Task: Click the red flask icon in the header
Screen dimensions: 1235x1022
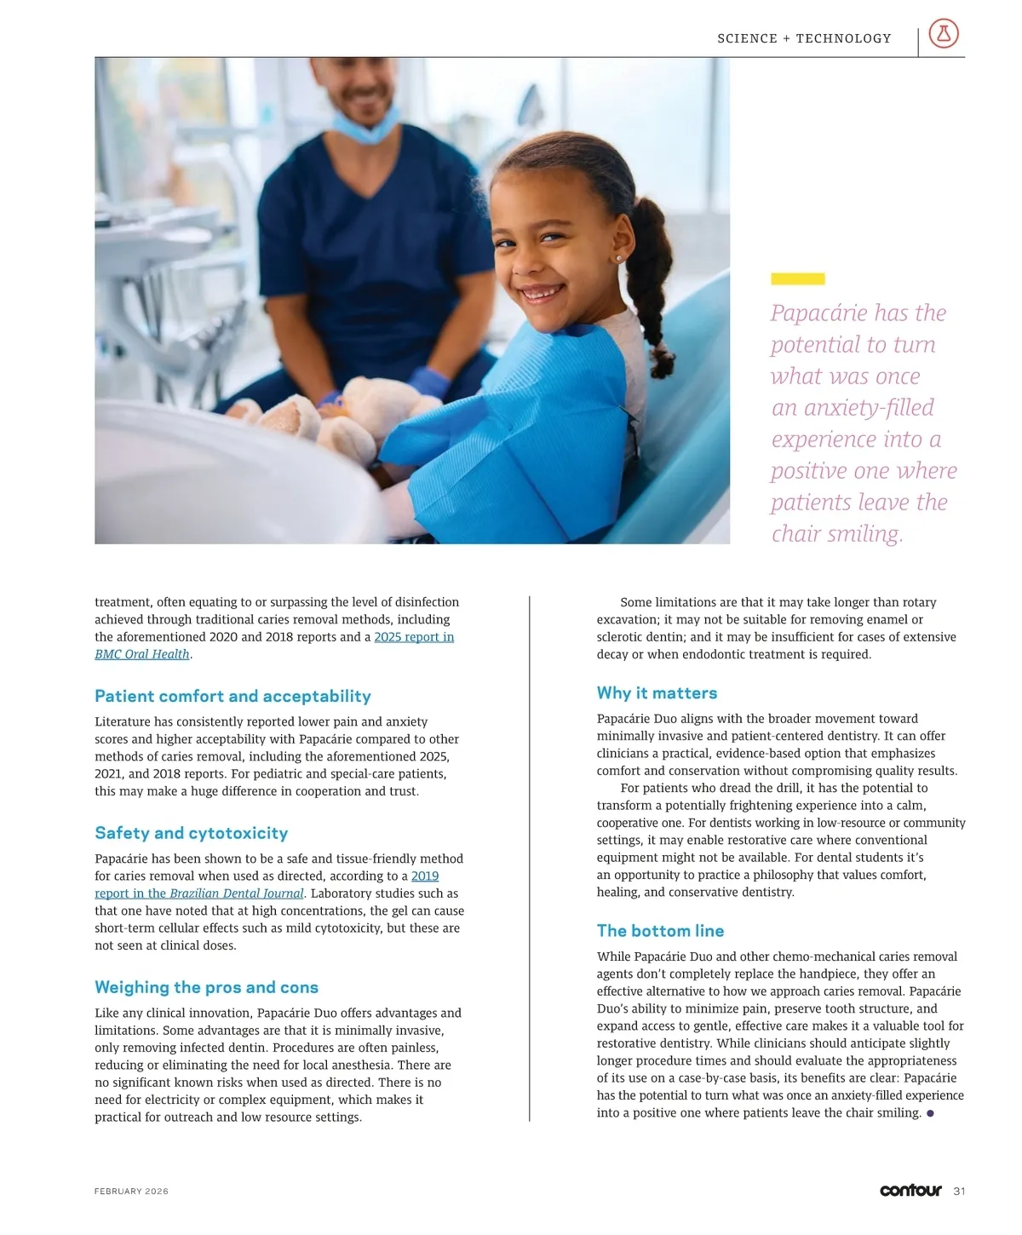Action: click(x=943, y=34)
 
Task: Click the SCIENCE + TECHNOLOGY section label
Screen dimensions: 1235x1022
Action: click(x=804, y=38)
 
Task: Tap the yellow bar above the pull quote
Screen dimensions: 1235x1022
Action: click(x=797, y=279)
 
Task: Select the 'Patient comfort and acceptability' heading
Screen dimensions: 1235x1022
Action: click(x=233, y=696)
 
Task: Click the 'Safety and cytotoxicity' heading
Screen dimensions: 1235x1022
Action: click(x=191, y=833)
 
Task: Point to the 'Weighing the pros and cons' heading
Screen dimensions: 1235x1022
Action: click(x=206, y=987)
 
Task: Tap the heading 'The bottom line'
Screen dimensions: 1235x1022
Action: click(x=660, y=931)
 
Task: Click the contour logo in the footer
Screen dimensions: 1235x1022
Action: click(x=910, y=1191)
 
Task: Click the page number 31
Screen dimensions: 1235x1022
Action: click(x=959, y=1191)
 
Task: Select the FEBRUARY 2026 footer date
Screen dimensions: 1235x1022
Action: click(x=131, y=1192)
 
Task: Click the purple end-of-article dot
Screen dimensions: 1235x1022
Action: click(x=930, y=1113)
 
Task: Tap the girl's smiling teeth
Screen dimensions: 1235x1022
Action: click(x=541, y=294)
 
